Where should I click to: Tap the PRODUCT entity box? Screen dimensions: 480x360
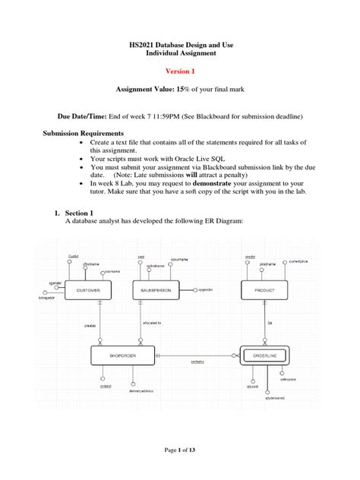(x=264, y=290)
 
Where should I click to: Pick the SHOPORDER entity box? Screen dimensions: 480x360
(x=123, y=355)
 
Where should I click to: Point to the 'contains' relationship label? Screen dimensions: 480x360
(x=197, y=362)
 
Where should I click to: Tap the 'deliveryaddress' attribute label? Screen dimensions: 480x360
(x=141, y=392)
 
